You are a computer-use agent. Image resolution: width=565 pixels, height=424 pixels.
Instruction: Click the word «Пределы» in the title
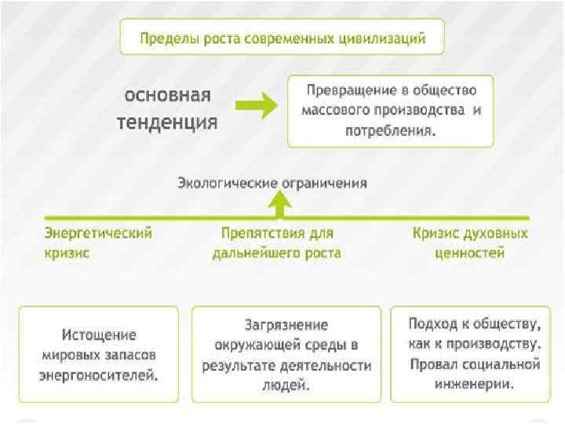point(168,38)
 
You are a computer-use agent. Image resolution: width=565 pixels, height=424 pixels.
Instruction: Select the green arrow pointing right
point(256,105)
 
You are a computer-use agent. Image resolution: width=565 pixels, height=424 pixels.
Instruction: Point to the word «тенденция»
point(167,122)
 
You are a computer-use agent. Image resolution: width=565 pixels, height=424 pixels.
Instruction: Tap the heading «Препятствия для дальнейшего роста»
point(276,243)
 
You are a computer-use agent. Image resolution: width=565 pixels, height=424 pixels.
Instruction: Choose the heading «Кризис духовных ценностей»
point(469,243)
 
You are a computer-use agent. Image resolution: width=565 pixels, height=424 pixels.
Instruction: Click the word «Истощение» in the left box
point(99,334)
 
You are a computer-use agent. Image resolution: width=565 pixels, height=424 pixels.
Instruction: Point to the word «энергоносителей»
point(99,374)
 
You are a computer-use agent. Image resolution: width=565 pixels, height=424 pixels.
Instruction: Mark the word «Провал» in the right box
point(434,364)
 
